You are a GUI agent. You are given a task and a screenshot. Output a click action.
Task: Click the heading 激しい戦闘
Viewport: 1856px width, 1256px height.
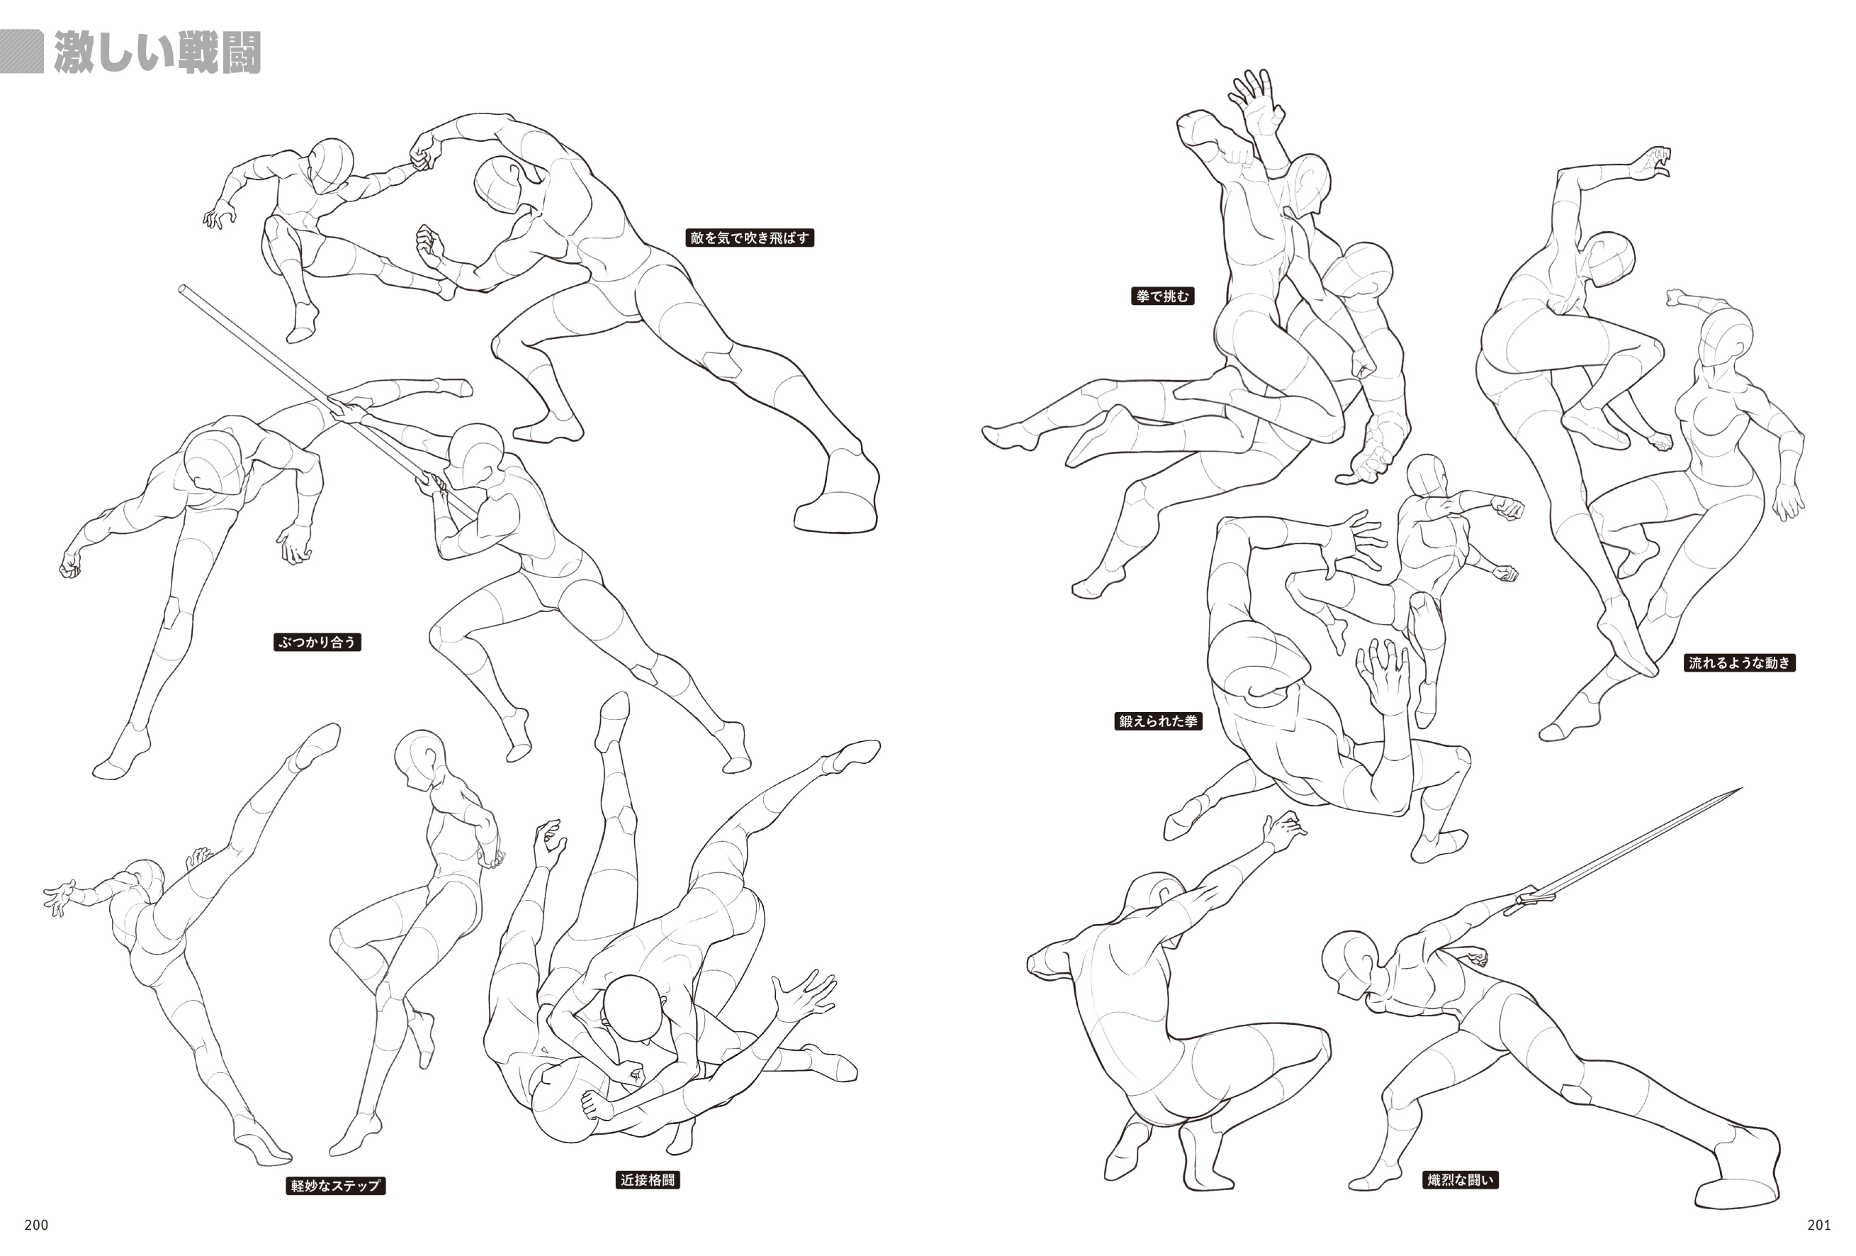point(157,53)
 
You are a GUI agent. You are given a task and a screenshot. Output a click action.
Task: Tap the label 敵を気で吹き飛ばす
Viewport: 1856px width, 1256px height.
point(749,238)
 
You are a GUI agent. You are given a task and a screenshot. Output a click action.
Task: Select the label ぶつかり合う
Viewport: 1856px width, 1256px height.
point(317,642)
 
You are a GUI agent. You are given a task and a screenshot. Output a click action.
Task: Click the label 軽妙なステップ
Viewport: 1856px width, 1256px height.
point(335,1186)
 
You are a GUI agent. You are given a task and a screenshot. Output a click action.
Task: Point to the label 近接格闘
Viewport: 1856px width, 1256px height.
point(648,1179)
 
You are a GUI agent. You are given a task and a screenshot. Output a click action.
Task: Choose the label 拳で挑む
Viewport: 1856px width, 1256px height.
point(1163,296)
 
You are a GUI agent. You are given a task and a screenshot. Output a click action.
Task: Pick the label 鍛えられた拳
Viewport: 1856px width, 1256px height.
point(1158,721)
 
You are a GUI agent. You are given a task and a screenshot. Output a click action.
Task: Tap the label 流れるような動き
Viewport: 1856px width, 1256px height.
point(1739,662)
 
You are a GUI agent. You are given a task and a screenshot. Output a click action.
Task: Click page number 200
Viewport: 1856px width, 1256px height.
point(36,1225)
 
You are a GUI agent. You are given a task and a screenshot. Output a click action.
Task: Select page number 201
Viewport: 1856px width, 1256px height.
point(1818,1225)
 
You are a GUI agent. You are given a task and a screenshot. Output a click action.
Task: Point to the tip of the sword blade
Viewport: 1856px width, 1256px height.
point(1741,789)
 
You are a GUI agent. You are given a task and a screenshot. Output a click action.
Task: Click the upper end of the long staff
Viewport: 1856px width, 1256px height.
point(183,289)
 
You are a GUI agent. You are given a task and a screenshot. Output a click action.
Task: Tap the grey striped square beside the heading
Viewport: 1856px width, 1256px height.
point(21,52)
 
